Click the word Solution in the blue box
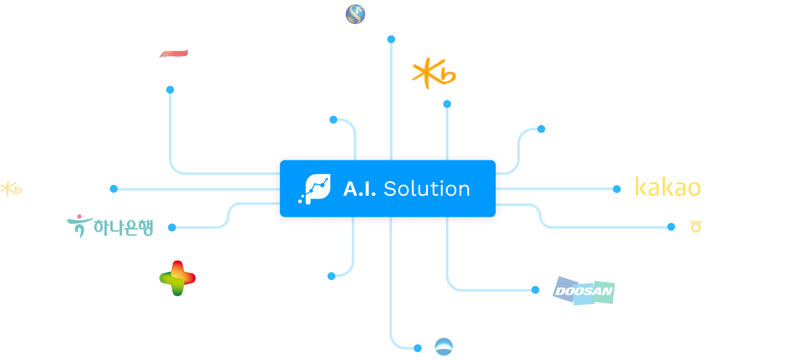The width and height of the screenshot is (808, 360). point(427,189)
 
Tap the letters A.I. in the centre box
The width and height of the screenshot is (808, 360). point(360,189)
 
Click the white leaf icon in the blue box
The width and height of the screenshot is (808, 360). point(315,189)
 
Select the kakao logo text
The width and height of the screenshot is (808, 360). point(668,187)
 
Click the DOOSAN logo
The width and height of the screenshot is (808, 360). point(583,291)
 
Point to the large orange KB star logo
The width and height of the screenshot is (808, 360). point(434,73)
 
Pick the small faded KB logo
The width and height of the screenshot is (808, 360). point(11,189)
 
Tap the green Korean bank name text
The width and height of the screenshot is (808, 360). point(124,228)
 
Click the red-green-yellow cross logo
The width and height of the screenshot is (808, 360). point(177,278)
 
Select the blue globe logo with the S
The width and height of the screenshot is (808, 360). point(355,14)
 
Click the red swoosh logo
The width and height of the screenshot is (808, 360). point(174,54)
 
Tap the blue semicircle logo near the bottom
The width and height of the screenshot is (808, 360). point(444,347)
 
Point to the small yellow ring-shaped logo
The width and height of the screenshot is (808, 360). point(696,227)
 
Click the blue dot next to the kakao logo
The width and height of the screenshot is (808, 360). point(617,189)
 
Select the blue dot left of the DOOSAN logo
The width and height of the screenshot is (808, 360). point(535,290)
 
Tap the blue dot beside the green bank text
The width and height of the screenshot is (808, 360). point(172,228)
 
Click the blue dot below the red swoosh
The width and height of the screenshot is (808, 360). point(170,90)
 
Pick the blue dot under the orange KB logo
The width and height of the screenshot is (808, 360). point(447,104)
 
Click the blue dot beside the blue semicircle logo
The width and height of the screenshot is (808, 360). point(418,348)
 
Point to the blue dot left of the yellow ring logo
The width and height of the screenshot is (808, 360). point(671,227)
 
